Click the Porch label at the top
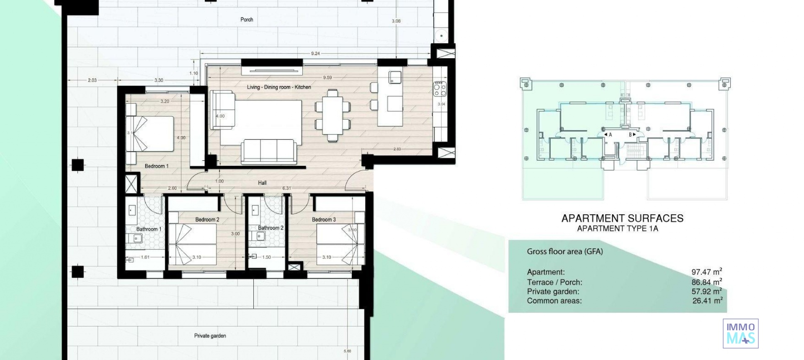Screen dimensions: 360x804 point(247,20)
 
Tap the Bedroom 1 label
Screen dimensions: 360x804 point(157,166)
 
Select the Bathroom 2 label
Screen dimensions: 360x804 point(271,228)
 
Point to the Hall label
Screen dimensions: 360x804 point(262,183)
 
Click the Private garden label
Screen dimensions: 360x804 point(210,336)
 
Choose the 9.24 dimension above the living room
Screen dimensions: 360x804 point(315,54)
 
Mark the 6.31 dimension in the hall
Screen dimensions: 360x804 point(286,188)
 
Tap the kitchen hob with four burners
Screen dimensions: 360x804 point(439,88)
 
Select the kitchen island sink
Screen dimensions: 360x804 point(395,77)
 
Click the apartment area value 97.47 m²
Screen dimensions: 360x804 point(706,272)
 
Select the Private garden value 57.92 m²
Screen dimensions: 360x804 point(706,291)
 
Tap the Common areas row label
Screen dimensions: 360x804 point(554,301)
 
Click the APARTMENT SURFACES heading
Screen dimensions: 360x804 point(622,218)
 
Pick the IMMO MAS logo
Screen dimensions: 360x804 point(740,333)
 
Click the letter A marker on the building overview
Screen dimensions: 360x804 point(610,135)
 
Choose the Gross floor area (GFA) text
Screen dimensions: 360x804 point(564,252)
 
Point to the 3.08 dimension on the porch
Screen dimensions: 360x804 point(396,21)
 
